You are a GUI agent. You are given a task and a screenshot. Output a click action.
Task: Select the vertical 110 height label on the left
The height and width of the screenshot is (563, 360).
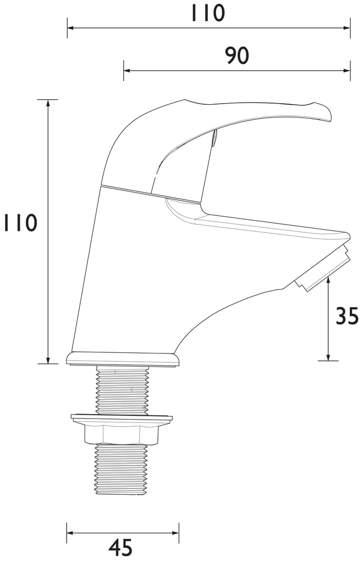coord(20,222)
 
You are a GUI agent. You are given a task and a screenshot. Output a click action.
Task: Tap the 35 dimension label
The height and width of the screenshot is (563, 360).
coord(347,316)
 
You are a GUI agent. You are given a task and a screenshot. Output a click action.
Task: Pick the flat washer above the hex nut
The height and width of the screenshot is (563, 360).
coord(121,417)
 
